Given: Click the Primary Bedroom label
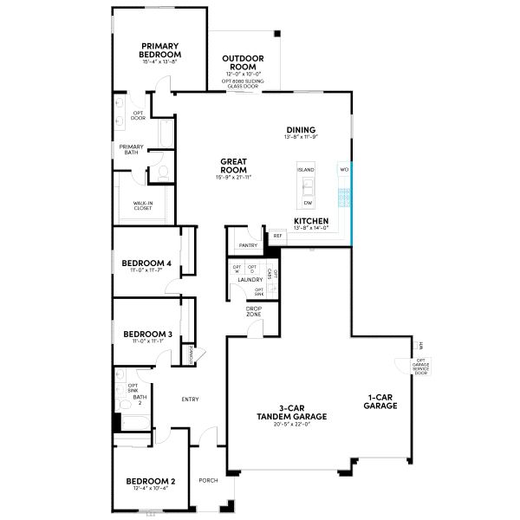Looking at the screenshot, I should coord(160,50).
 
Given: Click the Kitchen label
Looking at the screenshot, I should coord(310,223).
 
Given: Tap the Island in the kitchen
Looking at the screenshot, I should coord(307,170).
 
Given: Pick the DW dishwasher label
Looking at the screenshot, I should coord(307,203).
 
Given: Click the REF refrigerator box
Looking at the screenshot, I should coord(277,236).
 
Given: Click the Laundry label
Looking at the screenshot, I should coord(250,280).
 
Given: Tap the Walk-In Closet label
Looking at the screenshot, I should coord(144,206).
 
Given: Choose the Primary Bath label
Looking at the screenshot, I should coord(132,150).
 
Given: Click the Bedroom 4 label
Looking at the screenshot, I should coord(146,263).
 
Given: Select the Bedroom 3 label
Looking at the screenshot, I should coord(146,334).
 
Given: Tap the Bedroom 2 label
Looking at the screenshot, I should coord(151,481).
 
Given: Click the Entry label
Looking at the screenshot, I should coord(191,400).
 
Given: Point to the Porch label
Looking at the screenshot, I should coord(208,480).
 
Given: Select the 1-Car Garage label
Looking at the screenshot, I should coord(380,402).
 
